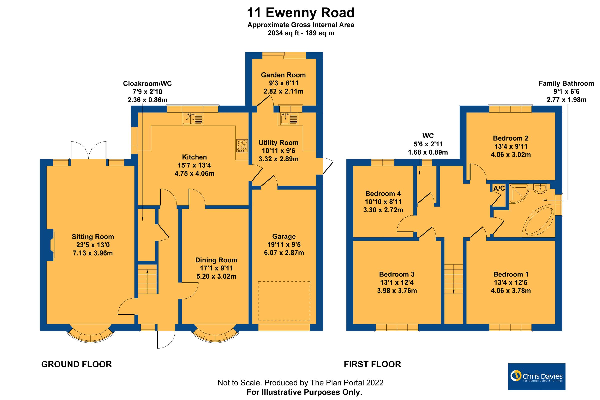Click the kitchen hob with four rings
[x=242, y=146]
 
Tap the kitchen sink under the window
[x=192, y=119]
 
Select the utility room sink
[x=289, y=119]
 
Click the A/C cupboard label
[x=499, y=189]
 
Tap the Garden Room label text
[x=283, y=75]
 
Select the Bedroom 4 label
[x=383, y=194]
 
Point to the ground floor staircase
[x=147, y=279]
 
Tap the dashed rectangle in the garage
[x=284, y=301]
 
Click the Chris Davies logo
[x=536, y=377]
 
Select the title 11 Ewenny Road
[x=300, y=13]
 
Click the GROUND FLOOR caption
[x=76, y=364]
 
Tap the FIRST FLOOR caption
[x=372, y=364]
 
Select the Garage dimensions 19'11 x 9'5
[x=284, y=245]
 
